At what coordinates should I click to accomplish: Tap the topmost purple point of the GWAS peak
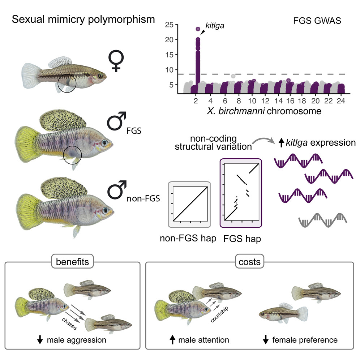pos(198,29)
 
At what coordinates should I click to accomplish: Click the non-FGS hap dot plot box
pos(190,204)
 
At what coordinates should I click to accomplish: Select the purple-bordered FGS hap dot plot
pos(240,193)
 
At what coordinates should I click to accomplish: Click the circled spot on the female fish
pos(67,84)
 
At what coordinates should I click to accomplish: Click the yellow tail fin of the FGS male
pos(27,141)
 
